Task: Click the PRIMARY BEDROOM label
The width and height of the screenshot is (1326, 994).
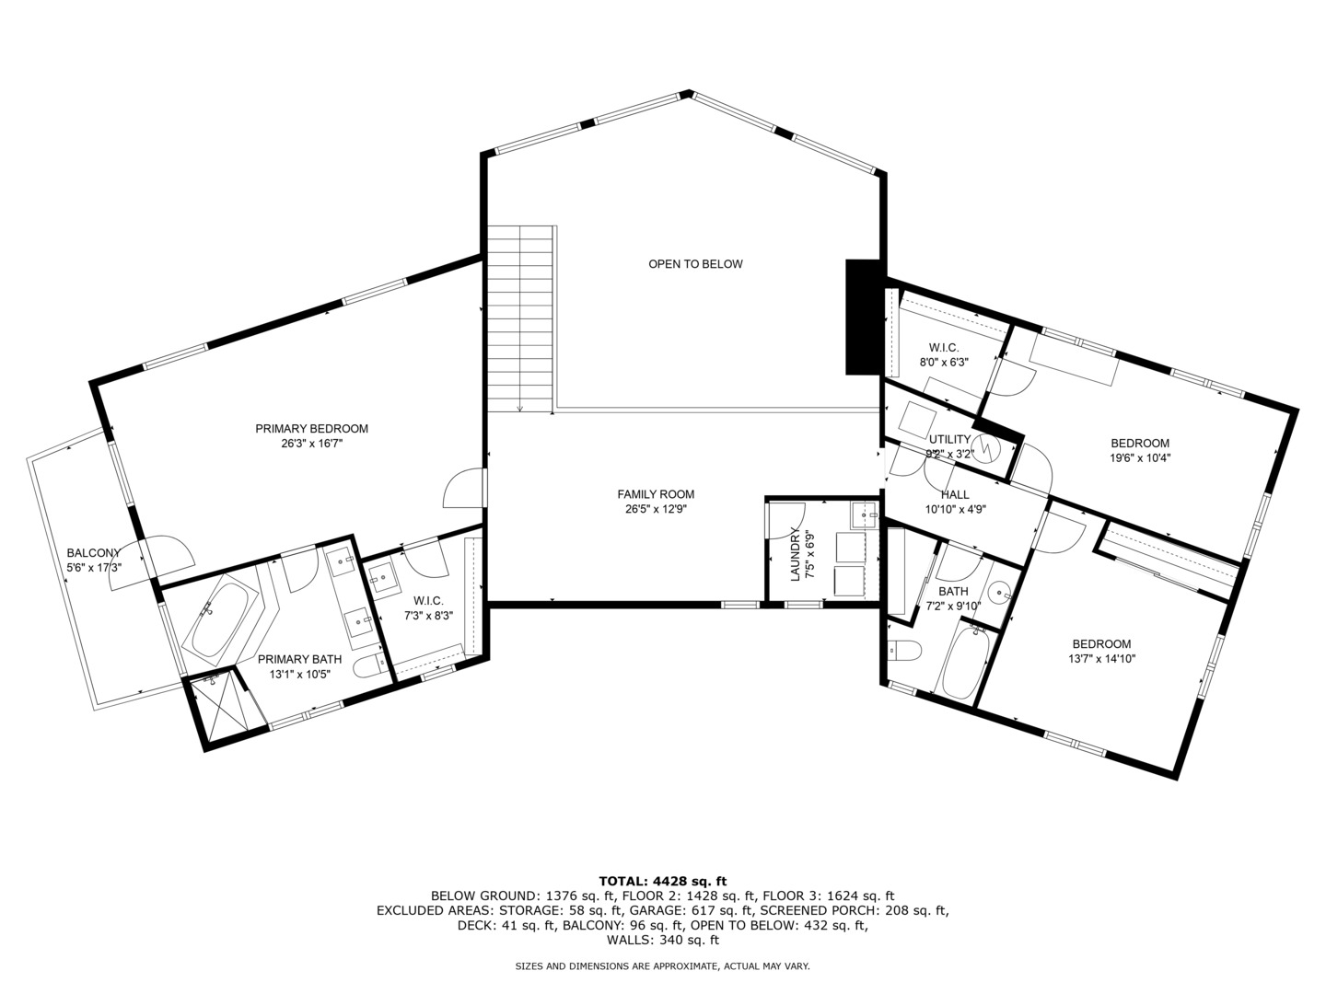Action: (x=311, y=428)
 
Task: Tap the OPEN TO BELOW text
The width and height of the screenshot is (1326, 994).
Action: (x=695, y=264)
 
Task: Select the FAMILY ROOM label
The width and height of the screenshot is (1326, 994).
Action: (x=656, y=494)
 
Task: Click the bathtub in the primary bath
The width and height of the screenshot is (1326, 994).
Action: (x=220, y=617)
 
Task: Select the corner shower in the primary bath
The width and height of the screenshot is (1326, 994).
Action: (x=219, y=710)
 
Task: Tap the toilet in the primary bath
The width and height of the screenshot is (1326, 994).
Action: (x=370, y=665)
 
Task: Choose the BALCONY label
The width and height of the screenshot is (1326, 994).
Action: (x=93, y=553)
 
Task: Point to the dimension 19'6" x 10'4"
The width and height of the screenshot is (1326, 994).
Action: (x=1140, y=457)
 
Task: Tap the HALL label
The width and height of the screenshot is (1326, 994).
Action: (x=955, y=494)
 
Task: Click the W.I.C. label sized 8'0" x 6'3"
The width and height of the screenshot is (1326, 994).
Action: (x=944, y=347)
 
